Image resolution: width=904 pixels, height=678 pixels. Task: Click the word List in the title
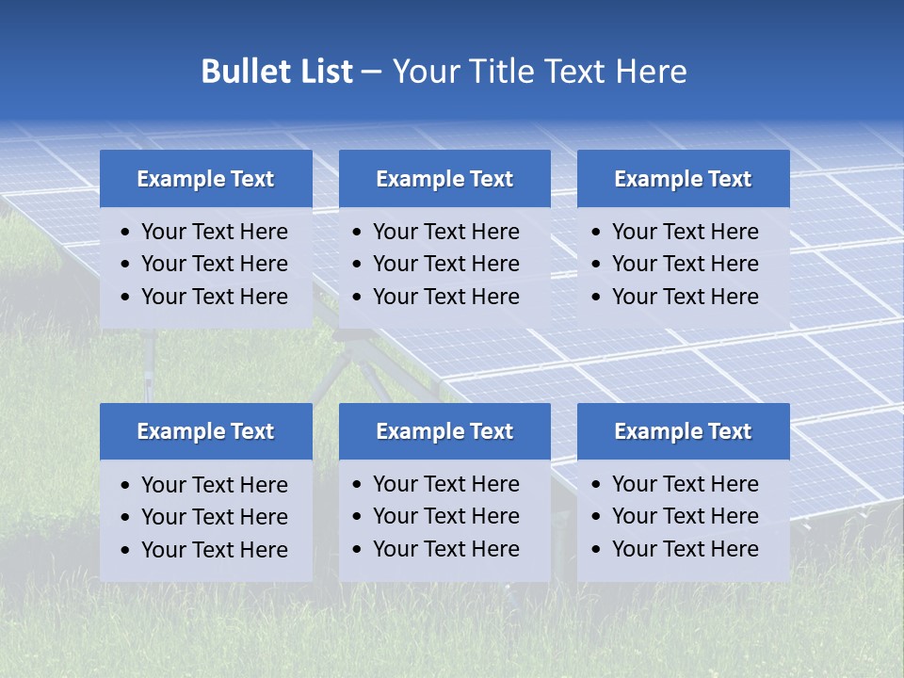tap(323, 72)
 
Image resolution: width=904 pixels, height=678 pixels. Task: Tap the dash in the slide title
tap(371, 73)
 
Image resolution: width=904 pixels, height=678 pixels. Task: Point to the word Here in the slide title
tap(650, 72)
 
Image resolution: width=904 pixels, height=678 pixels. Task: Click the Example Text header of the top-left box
tap(205, 179)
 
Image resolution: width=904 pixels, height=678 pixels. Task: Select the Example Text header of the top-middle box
tap(444, 179)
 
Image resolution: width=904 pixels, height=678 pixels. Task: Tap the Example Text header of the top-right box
tap(683, 179)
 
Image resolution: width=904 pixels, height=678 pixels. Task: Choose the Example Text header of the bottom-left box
tap(205, 431)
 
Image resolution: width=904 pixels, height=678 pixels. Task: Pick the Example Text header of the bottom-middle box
tap(444, 431)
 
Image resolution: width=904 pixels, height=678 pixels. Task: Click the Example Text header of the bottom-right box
tap(683, 431)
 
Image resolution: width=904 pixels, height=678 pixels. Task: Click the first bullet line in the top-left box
tap(214, 232)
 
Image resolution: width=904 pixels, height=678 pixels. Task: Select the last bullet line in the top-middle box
tap(445, 297)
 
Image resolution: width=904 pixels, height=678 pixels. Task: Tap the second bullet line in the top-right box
tap(685, 264)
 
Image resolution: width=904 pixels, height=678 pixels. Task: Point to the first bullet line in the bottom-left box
tap(214, 485)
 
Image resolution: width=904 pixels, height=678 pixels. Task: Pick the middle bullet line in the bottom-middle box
tap(445, 516)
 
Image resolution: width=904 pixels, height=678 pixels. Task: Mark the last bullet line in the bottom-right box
tap(685, 549)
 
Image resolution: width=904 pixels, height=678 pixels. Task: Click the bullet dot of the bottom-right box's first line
tap(596, 485)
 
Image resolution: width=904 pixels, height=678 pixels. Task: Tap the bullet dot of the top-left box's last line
tap(126, 298)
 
